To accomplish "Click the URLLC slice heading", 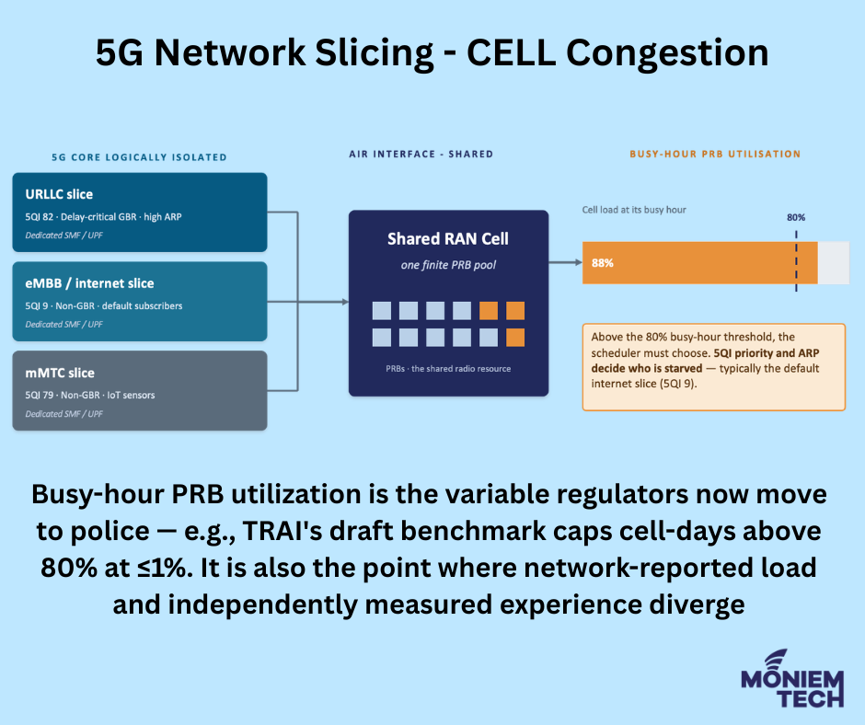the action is [x=59, y=194].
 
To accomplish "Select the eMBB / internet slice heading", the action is [x=89, y=283].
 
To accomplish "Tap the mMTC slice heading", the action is [x=60, y=373].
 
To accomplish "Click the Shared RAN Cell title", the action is [x=448, y=239].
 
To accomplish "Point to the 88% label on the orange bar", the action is [x=603, y=263].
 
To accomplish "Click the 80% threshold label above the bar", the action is [x=796, y=217].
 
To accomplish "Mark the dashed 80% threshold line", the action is [x=796, y=261].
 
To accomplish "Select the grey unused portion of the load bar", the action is [x=834, y=262].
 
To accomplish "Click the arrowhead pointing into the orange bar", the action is [x=578, y=262].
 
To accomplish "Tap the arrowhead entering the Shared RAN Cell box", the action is [x=345, y=302].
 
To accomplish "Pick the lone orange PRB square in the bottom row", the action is [x=515, y=338].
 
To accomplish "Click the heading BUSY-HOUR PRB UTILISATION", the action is [x=715, y=154].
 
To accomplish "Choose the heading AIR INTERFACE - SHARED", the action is [x=421, y=154].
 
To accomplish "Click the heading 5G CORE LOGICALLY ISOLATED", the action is [x=139, y=157].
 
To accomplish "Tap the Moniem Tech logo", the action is [x=792, y=679].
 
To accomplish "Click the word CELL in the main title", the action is [x=511, y=53].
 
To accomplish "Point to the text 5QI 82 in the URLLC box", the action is [x=40, y=217].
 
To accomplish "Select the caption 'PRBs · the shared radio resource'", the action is [x=448, y=369].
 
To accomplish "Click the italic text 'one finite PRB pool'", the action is [x=448, y=265].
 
